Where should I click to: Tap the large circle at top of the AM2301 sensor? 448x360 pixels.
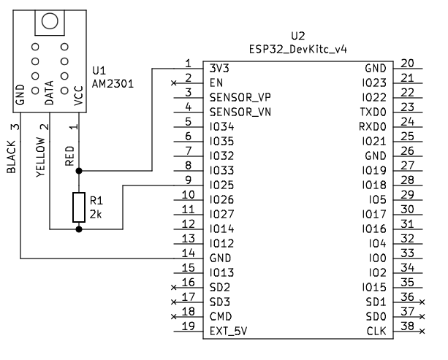click(50, 21)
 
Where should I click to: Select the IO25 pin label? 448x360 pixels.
click(221, 185)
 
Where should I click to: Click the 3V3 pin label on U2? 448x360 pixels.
click(219, 68)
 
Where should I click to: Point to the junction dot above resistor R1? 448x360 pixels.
click(79, 171)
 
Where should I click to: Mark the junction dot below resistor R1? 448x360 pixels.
click(79, 229)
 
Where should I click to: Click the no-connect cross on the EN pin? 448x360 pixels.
click(173, 83)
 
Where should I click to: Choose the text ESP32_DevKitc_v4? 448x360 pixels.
click(298, 50)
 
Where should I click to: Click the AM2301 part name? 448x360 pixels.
click(113, 84)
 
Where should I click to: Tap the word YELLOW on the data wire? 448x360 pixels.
click(41, 157)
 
